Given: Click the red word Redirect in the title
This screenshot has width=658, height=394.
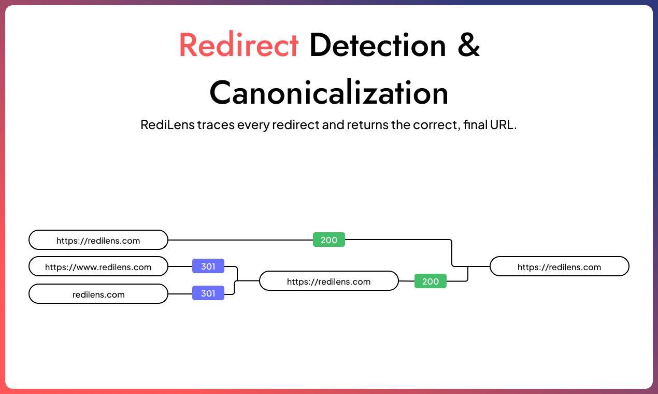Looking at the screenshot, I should point(239,45).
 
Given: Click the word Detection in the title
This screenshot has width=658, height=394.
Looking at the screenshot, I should point(378,45).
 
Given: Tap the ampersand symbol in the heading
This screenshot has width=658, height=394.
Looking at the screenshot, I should point(469,45).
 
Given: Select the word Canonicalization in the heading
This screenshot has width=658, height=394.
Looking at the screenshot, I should point(328,93).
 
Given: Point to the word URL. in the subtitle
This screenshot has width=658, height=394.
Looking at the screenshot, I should point(505,125).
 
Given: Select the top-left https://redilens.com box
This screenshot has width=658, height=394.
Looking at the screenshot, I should point(98,241).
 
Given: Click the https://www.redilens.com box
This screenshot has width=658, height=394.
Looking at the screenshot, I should point(98,268).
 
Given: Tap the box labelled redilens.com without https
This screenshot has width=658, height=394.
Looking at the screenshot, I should point(98,294).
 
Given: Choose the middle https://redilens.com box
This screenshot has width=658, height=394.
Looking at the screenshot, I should point(328,282).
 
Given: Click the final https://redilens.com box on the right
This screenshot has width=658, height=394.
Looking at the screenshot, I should point(559,267).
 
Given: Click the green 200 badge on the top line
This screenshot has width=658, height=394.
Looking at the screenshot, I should point(329,240).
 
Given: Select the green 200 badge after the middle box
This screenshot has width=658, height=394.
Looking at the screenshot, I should point(431,282).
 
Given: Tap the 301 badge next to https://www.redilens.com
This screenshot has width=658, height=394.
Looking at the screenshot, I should point(208,266).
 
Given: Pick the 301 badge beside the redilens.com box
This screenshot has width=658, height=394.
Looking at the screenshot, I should point(208,293).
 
